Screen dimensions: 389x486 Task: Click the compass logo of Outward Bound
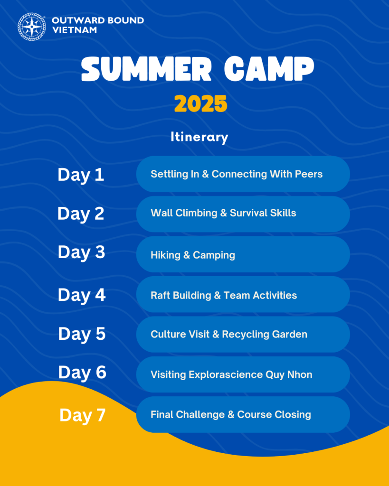coord(32,27)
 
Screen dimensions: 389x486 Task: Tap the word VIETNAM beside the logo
coord(75,30)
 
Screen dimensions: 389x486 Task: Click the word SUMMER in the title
coord(146,69)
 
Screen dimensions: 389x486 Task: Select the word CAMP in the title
coord(269,69)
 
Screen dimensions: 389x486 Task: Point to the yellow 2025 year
coord(200,104)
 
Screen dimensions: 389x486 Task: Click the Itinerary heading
coord(199,137)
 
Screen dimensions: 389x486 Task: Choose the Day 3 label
coord(81,252)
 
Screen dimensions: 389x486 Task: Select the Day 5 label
coord(82,335)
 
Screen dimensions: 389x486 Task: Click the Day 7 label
coord(83,416)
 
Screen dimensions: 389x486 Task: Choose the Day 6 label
coord(82,373)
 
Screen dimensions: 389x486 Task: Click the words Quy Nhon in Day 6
coord(289,375)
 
